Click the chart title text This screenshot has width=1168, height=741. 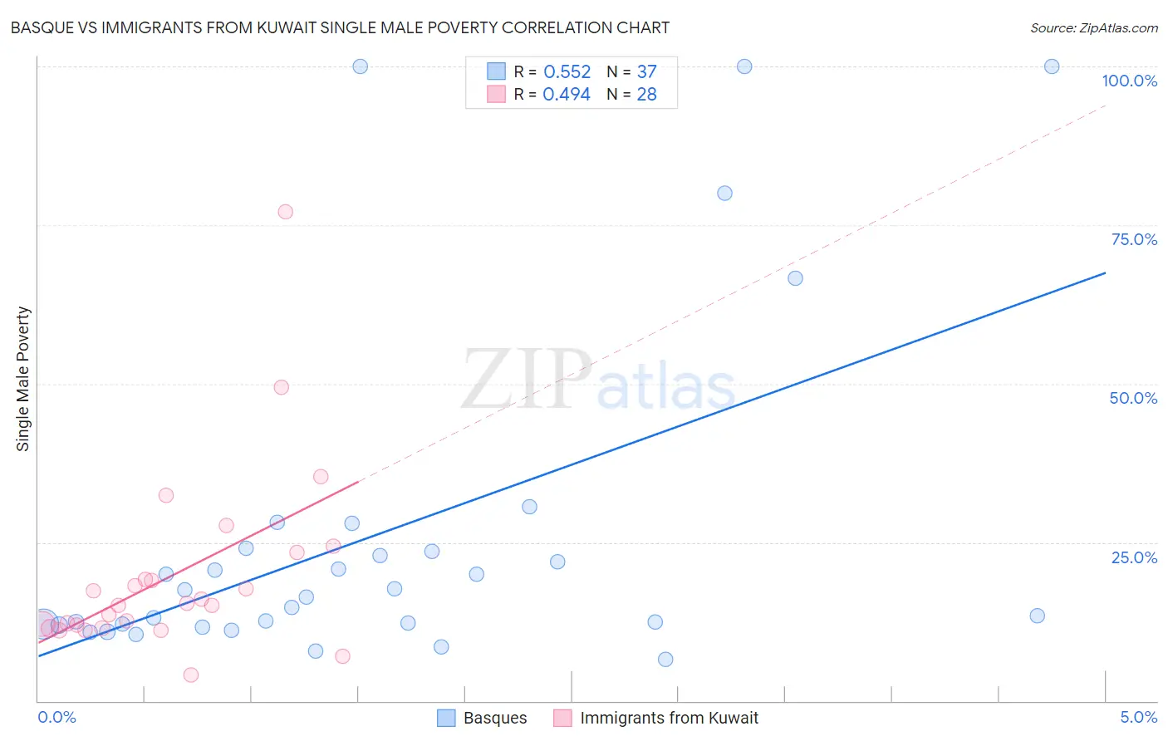[340, 27]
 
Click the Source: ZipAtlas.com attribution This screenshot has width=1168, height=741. [1093, 27]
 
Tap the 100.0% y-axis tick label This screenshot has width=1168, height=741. [1129, 81]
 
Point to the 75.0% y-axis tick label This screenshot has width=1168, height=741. [1134, 239]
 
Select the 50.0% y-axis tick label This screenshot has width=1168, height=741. [1133, 398]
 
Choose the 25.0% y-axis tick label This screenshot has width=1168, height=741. [1134, 557]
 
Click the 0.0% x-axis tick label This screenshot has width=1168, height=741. [56, 717]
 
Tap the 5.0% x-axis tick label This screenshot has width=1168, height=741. [1138, 717]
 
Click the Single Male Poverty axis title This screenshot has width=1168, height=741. [23, 379]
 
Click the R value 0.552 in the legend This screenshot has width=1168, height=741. [567, 72]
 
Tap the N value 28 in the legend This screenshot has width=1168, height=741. [646, 95]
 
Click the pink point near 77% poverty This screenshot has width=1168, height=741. [286, 212]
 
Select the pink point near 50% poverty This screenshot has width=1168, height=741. [282, 387]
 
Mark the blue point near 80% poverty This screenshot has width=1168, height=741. [724, 194]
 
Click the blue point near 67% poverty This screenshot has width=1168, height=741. [795, 278]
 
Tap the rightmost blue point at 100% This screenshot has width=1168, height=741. [1052, 66]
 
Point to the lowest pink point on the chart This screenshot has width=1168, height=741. [191, 675]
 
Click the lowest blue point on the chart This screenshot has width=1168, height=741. [665, 660]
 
